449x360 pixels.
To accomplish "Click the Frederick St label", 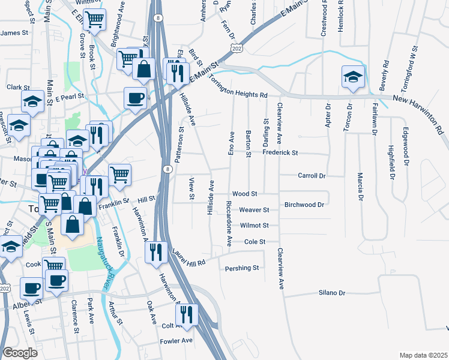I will pyautogui.click(x=280, y=153).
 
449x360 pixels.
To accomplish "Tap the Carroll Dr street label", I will pyautogui.click(x=312, y=176).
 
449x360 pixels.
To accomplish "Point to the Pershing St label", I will pyautogui.click(x=241, y=268).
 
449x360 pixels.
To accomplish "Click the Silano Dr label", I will pyautogui.click(x=332, y=293).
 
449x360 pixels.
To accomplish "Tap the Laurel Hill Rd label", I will pyautogui.click(x=189, y=257).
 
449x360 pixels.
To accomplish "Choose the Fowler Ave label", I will pyautogui.click(x=176, y=340).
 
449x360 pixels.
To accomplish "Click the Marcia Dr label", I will pyautogui.click(x=360, y=187).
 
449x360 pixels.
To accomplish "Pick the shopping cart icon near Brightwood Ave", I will pyautogui.click(x=94, y=20).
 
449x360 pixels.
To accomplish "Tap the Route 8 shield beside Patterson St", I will pyautogui.click(x=166, y=169).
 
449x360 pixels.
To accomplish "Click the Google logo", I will pyautogui.click(x=20, y=352).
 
